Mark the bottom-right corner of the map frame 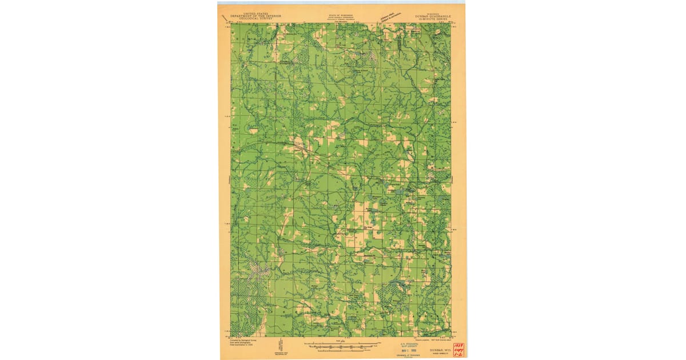point(451,337)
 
